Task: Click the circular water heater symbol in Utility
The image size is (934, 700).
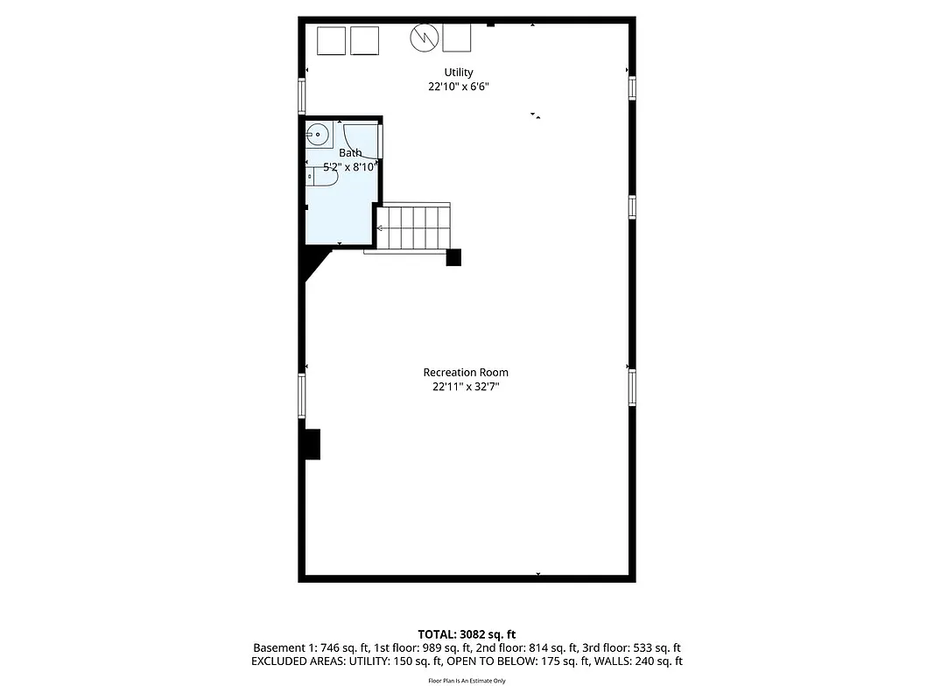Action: pyautogui.click(x=425, y=36)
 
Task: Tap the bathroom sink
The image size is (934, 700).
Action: pyautogui.click(x=317, y=135)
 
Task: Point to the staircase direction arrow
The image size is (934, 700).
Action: pyautogui.click(x=380, y=227)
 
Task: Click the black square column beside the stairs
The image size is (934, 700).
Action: pyautogui.click(x=453, y=257)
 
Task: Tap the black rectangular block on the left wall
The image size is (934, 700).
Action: pyautogui.click(x=312, y=444)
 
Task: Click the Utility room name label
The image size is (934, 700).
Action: pyautogui.click(x=459, y=73)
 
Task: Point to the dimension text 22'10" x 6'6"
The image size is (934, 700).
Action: pyautogui.click(x=459, y=87)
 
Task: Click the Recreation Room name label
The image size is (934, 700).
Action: pyautogui.click(x=466, y=372)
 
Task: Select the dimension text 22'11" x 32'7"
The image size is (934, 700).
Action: pyautogui.click(x=466, y=386)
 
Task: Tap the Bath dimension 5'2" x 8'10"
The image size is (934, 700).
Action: pyautogui.click(x=350, y=166)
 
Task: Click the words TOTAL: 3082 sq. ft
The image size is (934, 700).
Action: pyautogui.click(x=467, y=633)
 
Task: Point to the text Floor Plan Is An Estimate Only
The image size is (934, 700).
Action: pyautogui.click(x=467, y=680)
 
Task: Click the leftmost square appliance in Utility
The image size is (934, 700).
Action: pyautogui.click(x=331, y=40)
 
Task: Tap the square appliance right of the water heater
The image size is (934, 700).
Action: pyautogui.click(x=457, y=38)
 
